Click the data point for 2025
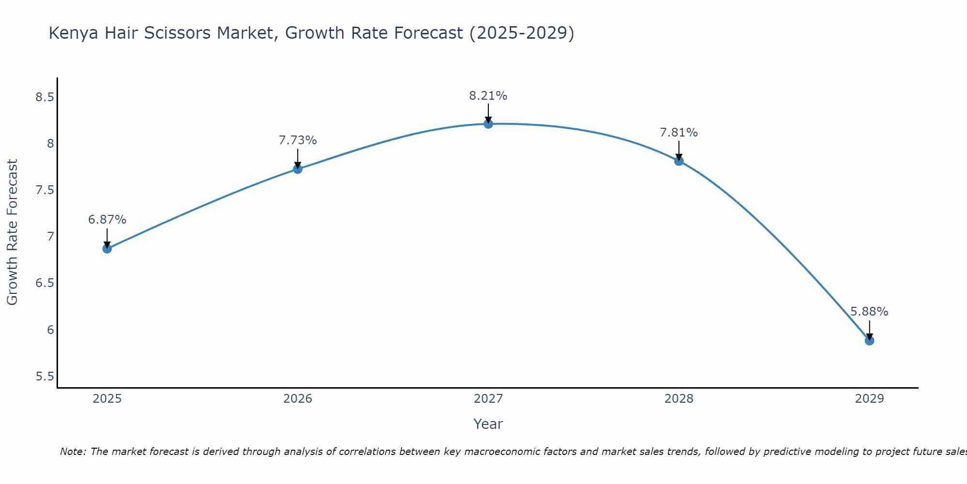click(107, 249)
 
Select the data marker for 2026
click(298, 169)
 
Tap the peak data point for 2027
click(488, 124)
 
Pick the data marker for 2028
click(679, 161)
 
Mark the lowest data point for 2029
click(869, 341)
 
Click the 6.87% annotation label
click(107, 220)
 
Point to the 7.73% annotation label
click(298, 140)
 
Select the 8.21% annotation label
click(488, 96)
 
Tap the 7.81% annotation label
click(679, 133)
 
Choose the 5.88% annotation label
click(869, 312)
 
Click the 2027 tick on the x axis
click(488, 399)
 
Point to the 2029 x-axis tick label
click(869, 399)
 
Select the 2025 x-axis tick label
click(107, 399)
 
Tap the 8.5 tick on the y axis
click(44, 97)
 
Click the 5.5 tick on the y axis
click(44, 377)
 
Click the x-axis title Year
click(488, 424)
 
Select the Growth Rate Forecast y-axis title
click(12, 232)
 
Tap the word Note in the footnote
click(73, 452)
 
